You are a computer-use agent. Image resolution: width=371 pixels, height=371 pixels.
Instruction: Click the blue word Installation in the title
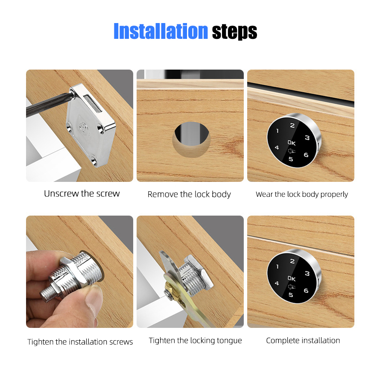point(160,31)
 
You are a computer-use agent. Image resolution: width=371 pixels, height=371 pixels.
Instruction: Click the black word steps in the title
point(234,31)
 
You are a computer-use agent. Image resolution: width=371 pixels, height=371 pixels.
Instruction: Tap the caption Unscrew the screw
point(82,193)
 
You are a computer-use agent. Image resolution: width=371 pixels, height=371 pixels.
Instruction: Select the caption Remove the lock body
point(189,194)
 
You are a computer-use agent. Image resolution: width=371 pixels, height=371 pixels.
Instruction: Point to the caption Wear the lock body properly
point(301,194)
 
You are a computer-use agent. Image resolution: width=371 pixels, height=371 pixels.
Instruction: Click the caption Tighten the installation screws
point(80,342)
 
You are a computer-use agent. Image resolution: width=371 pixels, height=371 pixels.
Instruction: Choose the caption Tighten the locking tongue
point(195,340)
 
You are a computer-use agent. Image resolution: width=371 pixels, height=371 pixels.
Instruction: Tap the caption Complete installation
point(303,340)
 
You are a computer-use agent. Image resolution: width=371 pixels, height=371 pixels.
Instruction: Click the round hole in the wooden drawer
point(191,138)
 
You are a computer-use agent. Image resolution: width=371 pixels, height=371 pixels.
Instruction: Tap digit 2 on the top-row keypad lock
point(292,126)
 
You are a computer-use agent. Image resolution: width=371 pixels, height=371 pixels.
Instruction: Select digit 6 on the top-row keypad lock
point(306,155)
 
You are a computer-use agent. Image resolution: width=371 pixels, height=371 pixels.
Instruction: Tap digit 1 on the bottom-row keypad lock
point(278,266)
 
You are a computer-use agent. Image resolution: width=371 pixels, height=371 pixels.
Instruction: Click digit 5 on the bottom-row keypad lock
point(291,295)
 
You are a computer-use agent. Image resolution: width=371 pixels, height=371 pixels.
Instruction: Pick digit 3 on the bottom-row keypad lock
point(307,273)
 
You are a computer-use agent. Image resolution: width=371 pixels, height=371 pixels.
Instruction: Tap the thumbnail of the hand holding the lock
point(79,272)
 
